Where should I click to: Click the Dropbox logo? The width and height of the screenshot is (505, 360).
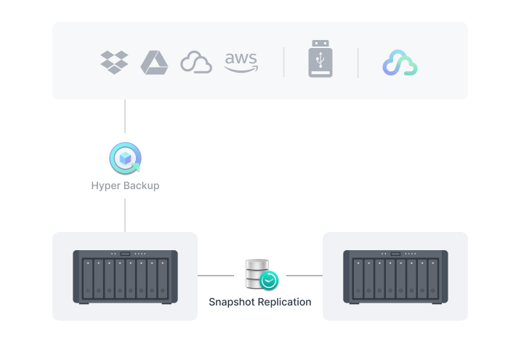tap(114, 63)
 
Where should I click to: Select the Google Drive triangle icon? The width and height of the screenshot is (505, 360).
tap(154, 63)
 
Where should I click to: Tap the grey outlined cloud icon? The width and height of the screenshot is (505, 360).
tap(195, 63)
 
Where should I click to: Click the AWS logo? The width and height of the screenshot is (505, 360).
tap(241, 63)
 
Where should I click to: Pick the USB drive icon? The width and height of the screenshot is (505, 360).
tap(320, 59)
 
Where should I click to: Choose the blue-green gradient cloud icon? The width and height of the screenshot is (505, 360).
tap(400, 63)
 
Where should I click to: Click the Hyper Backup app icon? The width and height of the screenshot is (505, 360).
tap(125, 159)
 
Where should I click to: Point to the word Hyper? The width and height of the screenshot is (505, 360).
tap(105, 185)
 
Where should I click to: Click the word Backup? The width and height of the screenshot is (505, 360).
tap(141, 185)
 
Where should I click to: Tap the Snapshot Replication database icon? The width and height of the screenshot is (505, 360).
tap(260, 274)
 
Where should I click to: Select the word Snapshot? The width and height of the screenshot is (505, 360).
tap(233, 302)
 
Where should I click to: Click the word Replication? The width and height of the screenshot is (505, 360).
tap(285, 302)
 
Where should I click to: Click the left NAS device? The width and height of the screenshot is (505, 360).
tap(125, 276)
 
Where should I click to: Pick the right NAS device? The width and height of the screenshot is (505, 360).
tap(395, 276)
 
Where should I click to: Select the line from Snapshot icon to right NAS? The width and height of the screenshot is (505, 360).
tap(304, 276)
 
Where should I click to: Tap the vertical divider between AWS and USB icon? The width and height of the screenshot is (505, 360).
tap(283, 63)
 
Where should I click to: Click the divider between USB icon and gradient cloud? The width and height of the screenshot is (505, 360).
tap(357, 63)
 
